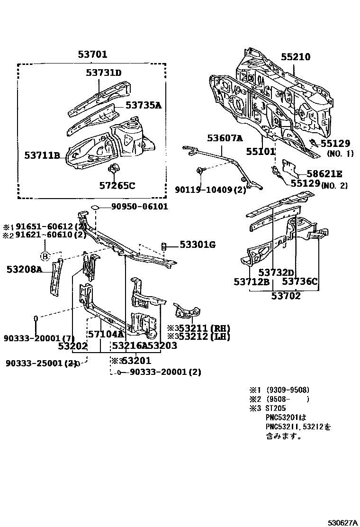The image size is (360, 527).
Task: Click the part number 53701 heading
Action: click(x=93, y=55)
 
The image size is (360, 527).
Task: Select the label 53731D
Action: click(x=104, y=73)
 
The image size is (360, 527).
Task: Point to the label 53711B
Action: click(x=43, y=155)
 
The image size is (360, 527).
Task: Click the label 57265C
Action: click(x=117, y=185)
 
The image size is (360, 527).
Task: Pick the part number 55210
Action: click(x=295, y=57)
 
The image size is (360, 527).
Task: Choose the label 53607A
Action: click(x=225, y=138)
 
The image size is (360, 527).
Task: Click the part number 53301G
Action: click(x=197, y=245)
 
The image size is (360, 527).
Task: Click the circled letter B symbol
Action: click(x=45, y=256)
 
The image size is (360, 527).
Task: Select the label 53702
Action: click(x=286, y=297)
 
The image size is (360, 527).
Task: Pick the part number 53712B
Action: click(x=252, y=282)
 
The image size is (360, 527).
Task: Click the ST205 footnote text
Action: click(x=275, y=408)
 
